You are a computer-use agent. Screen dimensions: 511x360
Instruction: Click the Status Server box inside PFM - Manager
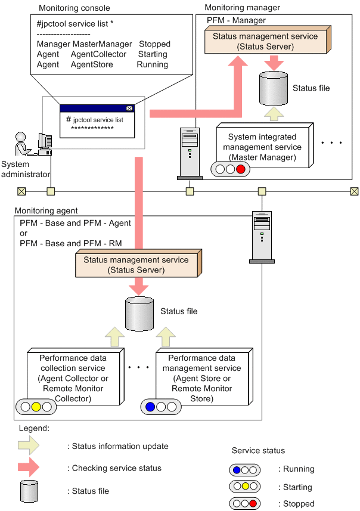coord(265,41)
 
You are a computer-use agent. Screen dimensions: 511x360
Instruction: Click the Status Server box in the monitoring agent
coord(136,265)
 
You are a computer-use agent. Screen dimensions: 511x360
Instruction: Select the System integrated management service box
coord(265,147)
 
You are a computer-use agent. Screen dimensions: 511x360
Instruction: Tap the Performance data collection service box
coord(73,378)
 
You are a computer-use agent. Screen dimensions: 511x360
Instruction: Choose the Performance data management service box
coord(201,378)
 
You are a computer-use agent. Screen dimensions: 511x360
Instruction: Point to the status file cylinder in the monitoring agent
coord(140,312)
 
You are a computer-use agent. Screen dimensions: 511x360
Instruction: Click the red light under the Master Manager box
coord(240,169)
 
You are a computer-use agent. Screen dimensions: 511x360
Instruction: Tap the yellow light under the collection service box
coord(35,407)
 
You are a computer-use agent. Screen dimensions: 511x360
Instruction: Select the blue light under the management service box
coord(151,407)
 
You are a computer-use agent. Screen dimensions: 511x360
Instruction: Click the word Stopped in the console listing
coord(154,44)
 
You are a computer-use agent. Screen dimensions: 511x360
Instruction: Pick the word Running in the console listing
coord(152,64)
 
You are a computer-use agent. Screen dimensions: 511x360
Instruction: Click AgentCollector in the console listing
coord(98,54)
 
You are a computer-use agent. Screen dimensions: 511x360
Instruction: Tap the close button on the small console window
coord(129,109)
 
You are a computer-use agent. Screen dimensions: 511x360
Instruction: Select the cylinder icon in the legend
coord(29,491)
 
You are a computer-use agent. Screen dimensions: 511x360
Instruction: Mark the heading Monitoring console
coord(74,8)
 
